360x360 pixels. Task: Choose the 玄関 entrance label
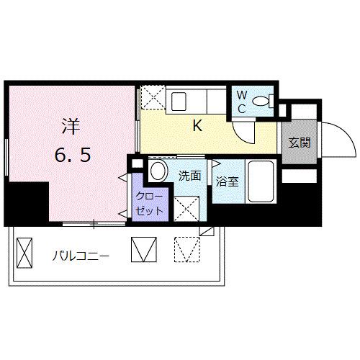tap(300, 143)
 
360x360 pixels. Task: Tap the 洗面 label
tap(189, 176)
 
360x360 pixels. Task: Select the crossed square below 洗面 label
tap(186, 207)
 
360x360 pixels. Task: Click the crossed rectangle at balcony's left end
tap(25, 253)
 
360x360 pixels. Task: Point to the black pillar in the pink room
tap(26, 202)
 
